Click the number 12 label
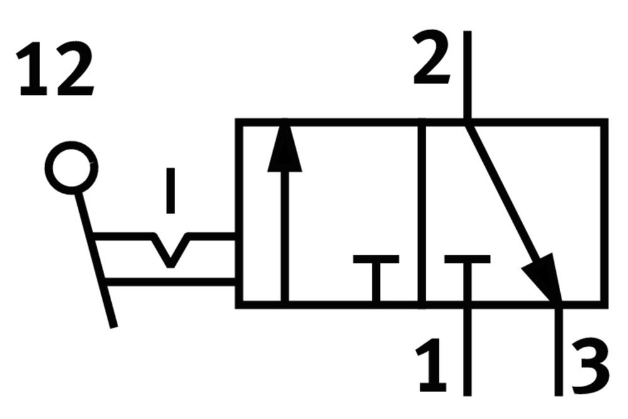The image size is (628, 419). point(55,68)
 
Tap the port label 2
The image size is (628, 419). point(432,57)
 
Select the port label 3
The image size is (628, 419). point(590,367)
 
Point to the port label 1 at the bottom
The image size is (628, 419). point(432,365)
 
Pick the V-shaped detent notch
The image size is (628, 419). point(171,250)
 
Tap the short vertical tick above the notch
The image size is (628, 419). point(171,190)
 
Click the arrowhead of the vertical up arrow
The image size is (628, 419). point(284,146)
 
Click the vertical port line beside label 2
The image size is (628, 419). point(467,75)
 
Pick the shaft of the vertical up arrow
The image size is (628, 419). point(284,236)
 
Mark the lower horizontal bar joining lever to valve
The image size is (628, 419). point(170,281)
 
